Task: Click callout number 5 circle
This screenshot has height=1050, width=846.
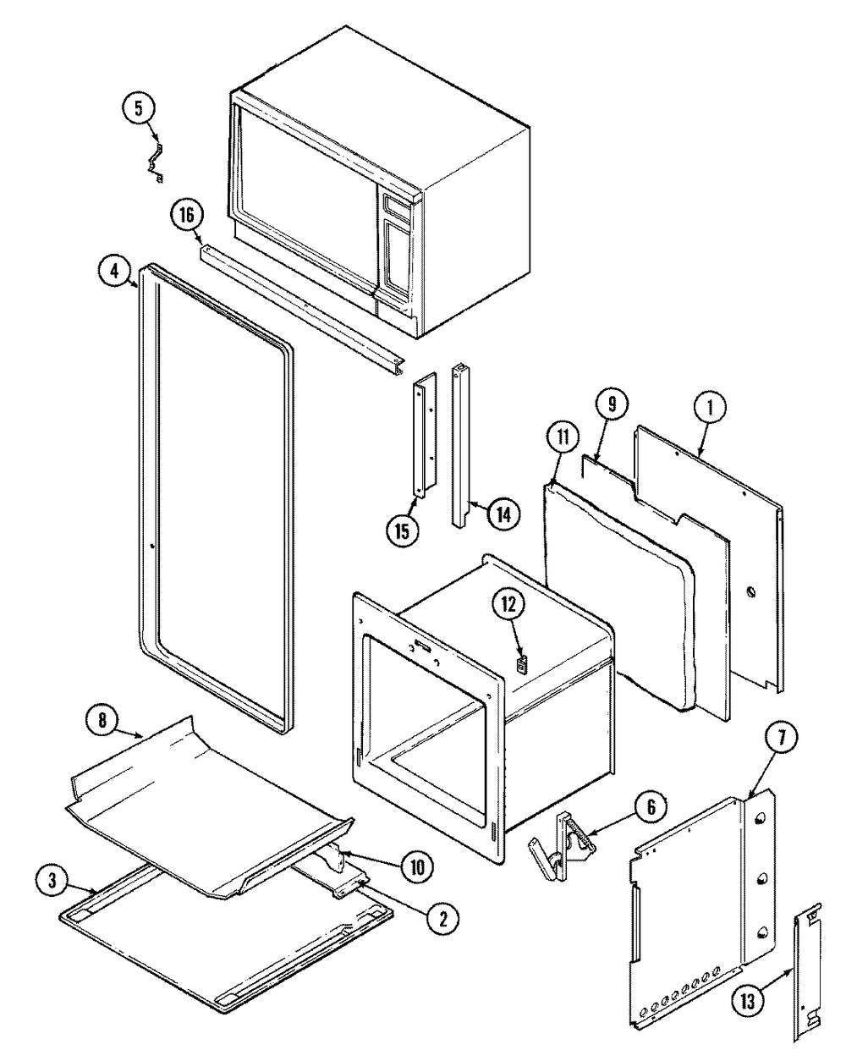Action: [x=140, y=108]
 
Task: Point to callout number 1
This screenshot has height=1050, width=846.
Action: [x=711, y=408]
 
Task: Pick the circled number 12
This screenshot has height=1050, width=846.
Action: [x=511, y=604]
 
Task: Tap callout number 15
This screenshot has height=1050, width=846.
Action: [x=402, y=530]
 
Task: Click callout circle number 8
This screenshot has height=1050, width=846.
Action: [x=102, y=722]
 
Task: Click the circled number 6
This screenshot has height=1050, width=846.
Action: [x=650, y=807]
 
